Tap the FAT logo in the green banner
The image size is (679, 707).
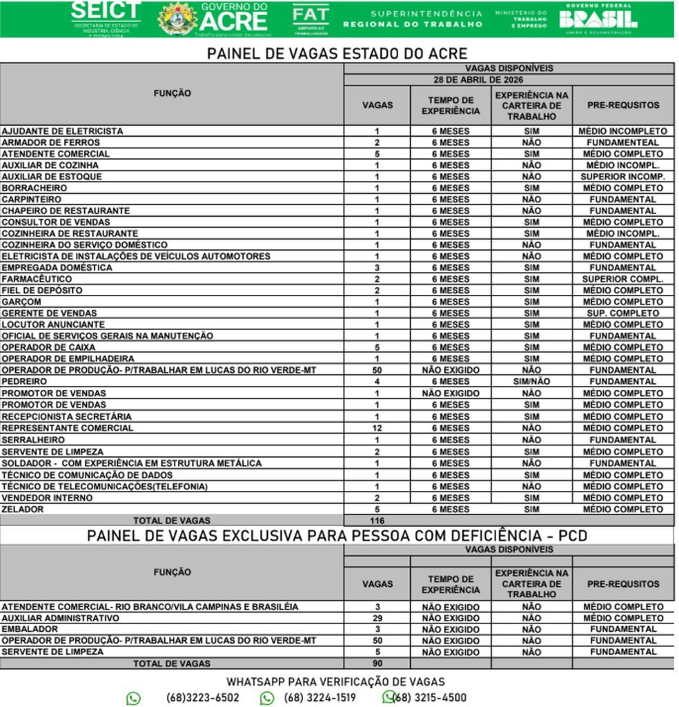coord(311,19)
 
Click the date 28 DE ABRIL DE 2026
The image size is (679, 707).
coord(509,79)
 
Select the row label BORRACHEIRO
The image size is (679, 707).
coord(35,188)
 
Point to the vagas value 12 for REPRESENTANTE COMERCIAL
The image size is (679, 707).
coord(377,428)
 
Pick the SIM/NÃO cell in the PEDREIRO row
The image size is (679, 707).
coord(531,381)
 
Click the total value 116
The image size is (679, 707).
coord(377,521)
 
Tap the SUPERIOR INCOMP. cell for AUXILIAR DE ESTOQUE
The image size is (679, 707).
coord(623,177)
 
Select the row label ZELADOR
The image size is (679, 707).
coord(23,509)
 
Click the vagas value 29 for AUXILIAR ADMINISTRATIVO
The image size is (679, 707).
coord(377,618)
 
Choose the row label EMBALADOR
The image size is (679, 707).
coord(30,629)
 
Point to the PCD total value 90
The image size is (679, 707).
coord(377,664)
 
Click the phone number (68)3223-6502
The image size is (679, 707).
coord(203,697)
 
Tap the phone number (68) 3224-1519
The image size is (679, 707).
coord(320,697)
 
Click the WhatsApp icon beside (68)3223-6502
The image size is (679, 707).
coord(133,698)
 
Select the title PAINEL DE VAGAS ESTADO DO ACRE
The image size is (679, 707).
coord(337,53)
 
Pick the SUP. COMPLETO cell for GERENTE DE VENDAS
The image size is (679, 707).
coord(623,313)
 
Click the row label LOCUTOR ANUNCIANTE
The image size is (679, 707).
coord(53,325)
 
